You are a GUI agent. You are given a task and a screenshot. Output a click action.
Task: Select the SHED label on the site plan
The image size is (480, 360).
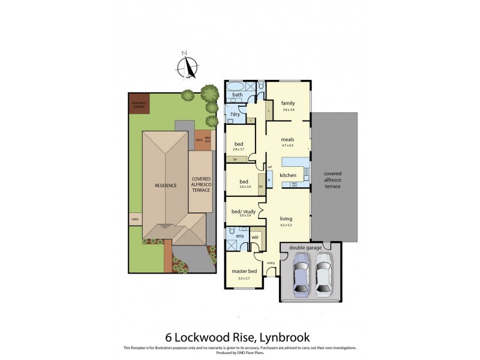[134, 220]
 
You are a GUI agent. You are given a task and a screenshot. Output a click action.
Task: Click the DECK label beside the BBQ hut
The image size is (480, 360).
[199, 140]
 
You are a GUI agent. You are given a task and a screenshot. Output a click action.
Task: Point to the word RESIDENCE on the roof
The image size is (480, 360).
[165, 185]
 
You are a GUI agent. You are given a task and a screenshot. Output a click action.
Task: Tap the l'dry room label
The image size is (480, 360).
[235, 114]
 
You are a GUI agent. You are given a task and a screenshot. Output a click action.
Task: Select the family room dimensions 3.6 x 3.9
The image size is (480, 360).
[289, 110]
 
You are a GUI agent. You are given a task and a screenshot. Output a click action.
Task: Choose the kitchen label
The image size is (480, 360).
[288, 175]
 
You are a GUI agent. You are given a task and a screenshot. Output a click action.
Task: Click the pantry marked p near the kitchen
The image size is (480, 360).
[269, 179]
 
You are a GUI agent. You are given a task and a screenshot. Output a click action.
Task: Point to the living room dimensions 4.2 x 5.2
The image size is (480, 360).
[286, 226]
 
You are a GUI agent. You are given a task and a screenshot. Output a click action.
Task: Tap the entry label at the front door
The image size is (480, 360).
[271, 262]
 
